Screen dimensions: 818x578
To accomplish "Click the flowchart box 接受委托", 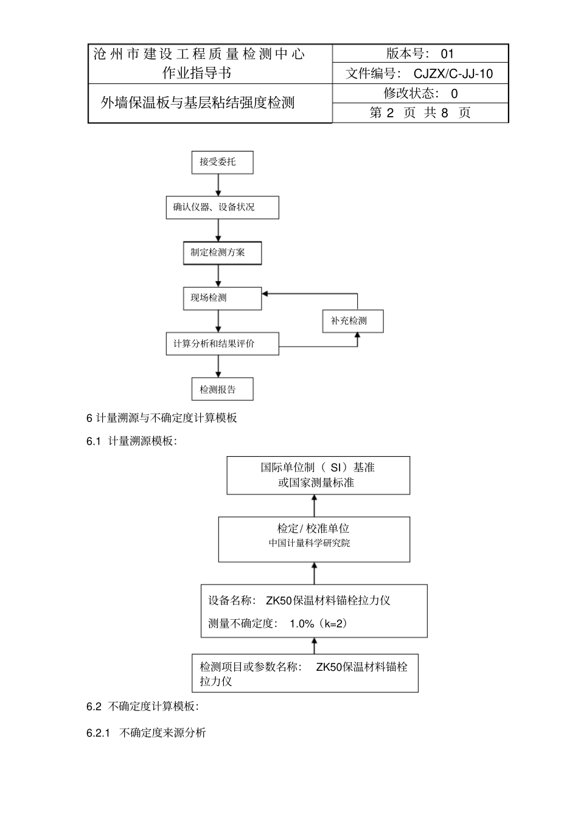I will point(222,162).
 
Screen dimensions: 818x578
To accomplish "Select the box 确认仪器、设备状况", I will point(222,207).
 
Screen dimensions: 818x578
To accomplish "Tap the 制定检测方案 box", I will point(222,253).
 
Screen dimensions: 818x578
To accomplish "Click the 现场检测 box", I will point(222,298).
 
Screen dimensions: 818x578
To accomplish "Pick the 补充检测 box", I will point(353,321).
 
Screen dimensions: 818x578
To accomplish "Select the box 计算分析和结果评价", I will point(222,344).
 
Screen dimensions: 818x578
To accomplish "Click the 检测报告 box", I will point(222,389).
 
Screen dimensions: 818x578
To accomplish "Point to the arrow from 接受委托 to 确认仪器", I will point(218,185).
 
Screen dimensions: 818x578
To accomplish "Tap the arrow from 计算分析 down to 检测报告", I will point(218,366).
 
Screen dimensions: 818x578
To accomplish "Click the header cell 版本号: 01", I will point(420,54).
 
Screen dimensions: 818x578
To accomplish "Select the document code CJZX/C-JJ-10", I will point(453,74).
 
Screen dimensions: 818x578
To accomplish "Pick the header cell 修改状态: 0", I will point(420,94).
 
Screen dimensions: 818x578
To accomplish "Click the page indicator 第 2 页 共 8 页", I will point(420,113).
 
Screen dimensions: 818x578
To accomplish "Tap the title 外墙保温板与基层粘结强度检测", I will point(198,103).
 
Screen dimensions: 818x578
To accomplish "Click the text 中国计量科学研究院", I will point(309,544).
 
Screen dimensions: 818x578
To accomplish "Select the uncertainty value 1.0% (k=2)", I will point(318,623).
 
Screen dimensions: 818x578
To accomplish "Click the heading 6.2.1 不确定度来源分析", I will point(146,733).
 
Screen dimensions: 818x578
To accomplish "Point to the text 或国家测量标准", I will point(316,483).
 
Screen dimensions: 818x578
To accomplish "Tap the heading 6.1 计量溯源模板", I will point(132,442).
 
